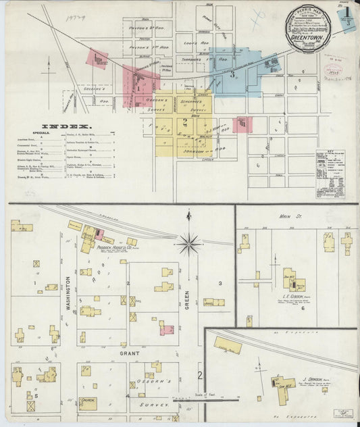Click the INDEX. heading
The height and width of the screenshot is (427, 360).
coord(66,126)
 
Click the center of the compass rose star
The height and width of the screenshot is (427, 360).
coord(189,243)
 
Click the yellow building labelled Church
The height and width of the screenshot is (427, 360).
coord(88,403)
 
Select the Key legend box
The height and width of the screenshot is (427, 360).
coord(330,174)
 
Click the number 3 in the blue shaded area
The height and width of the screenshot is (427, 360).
coord(233,75)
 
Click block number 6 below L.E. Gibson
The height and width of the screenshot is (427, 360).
coord(303,308)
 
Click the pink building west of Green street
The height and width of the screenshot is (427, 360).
coord(166,330)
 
